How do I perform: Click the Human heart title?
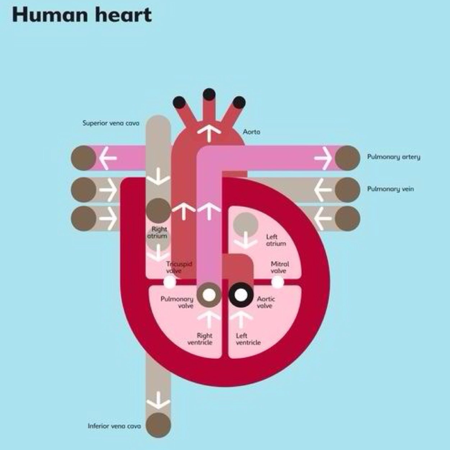(x=82, y=15)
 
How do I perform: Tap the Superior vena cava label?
(x=111, y=123)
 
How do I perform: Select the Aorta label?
(x=252, y=132)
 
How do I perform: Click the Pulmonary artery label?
(x=394, y=157)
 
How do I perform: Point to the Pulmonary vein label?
(x=390, y=189)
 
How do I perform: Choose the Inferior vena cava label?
(x=114, y=426)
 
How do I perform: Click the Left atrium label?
(x=276, y=240)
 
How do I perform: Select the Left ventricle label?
(x=248, y=339)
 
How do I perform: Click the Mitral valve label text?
(x=279, y=267)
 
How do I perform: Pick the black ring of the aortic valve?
(x=241, y=295)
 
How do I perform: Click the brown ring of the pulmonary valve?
(x=209, y=295)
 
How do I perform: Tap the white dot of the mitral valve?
(x=277, y=283)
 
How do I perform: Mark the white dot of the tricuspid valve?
(x=169, y=283)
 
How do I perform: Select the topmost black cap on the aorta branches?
(x=209, y=94)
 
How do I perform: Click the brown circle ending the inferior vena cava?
(x=158, y=425)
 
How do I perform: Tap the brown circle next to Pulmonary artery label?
(x=348, y=158)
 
